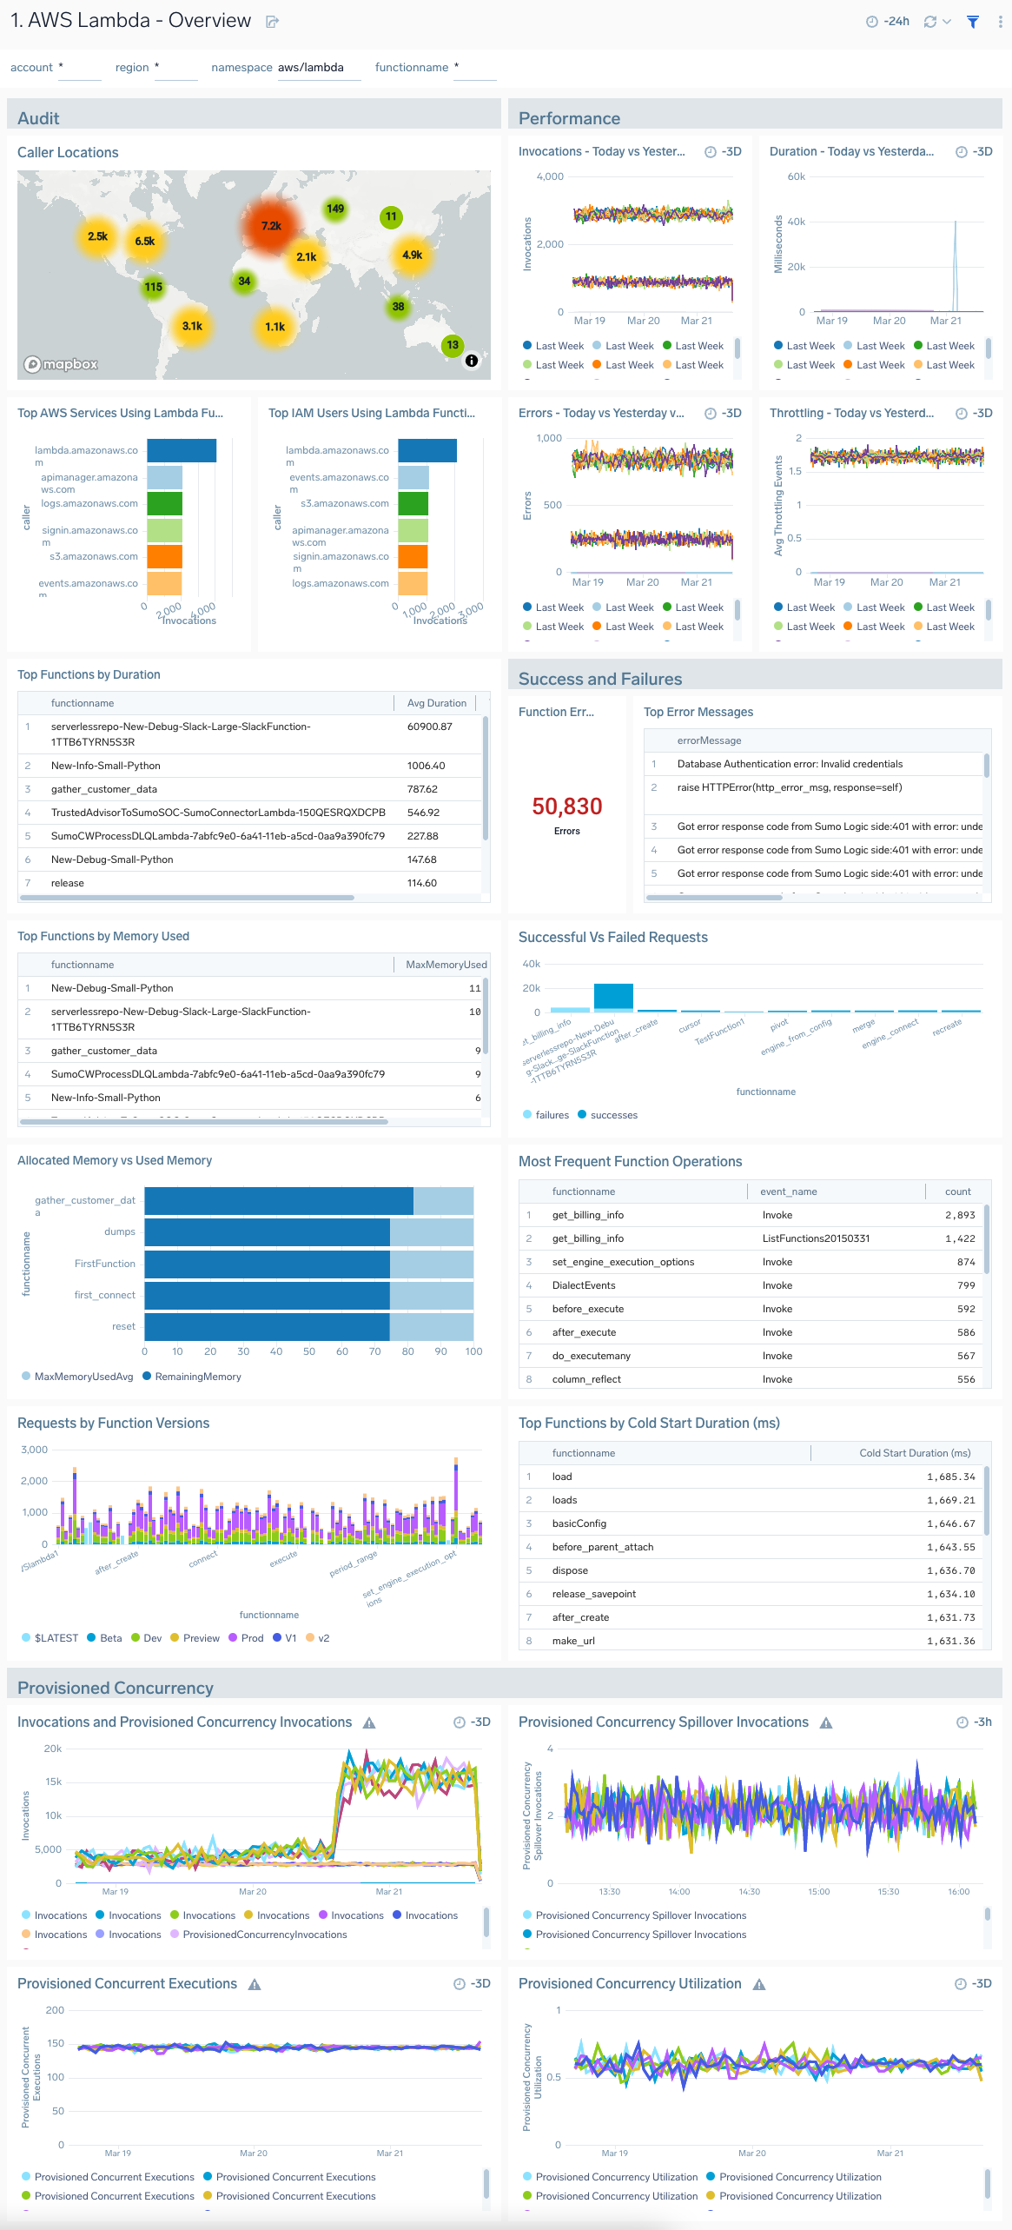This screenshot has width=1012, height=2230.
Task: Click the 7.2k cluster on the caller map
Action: tap(271, 226)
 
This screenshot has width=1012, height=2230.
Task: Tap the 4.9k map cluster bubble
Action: tap(412, 255)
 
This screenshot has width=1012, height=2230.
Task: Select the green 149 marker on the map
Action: tap(335, 209)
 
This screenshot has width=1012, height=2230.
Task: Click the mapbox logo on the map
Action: tap(61, 364)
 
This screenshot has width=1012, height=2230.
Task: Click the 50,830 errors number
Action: tap(566, 806)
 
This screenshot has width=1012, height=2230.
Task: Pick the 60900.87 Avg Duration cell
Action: tap(429, 727)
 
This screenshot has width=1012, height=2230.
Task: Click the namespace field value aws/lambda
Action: tap(310, 68)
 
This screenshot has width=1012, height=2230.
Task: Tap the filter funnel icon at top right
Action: tap(973, 22)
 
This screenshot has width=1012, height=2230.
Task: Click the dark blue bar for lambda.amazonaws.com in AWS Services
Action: tap(182, 450)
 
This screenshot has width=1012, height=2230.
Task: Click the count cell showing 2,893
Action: tap(960, 1215)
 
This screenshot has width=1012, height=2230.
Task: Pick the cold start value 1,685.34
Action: tap(950, 1477)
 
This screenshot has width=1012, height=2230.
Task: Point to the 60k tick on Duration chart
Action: tap(796, 176)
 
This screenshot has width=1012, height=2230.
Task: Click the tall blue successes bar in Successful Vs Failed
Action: tap(613, 996)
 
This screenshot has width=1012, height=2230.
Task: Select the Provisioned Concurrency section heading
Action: tap(116, 1688)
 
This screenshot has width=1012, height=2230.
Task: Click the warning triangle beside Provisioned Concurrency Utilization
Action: tap(759, 1985)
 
